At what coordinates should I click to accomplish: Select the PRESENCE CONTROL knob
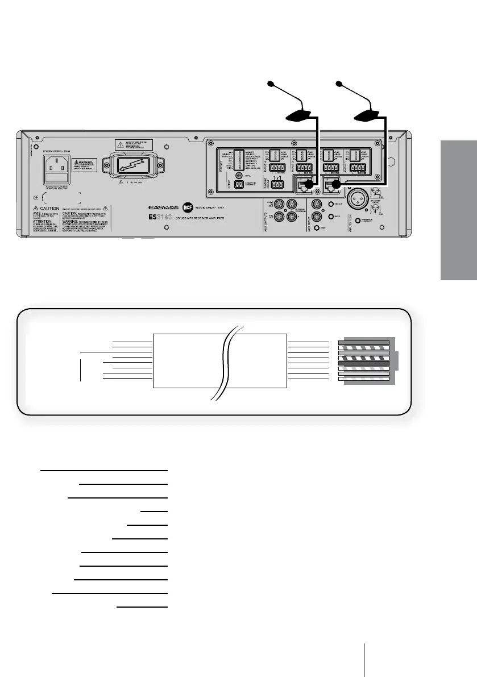357,221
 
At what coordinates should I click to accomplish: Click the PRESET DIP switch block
239,160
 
